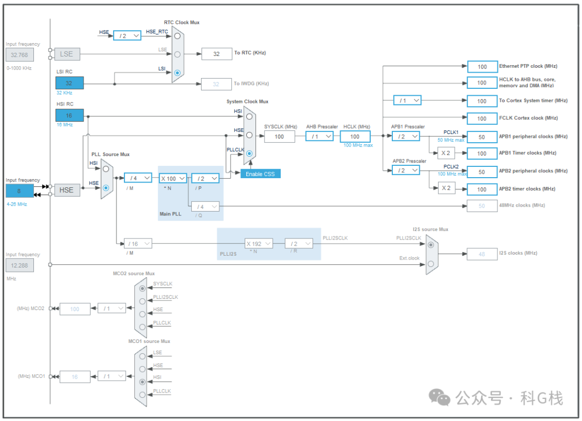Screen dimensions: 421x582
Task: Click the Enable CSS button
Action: coord(260,173)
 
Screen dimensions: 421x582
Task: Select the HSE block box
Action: coord(67,190)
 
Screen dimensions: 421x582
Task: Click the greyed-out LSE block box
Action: coord(67,54)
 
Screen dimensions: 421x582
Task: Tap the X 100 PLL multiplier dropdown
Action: coord(173,178)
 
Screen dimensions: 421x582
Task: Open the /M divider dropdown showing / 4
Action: coord(137,178)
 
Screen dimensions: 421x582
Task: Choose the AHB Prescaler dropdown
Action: coord(319,136)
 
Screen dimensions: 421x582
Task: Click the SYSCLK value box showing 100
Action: coord(279,136)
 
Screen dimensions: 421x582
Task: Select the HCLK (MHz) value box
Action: coord(355,136)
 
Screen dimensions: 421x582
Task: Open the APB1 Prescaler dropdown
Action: coord(406,136)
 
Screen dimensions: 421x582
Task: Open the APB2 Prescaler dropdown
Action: coord(406,170)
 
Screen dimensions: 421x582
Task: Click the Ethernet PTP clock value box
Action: coord(482,67)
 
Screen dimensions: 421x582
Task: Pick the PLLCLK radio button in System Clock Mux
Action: coord(249,153)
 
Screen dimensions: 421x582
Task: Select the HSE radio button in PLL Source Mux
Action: coord(106,188)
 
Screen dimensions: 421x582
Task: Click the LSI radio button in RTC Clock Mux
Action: coord(177,72)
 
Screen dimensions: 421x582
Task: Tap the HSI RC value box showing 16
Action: coord(70,115)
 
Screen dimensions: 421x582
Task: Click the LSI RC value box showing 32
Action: coord(70,83)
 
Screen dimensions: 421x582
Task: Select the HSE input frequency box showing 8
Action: coord(19,191)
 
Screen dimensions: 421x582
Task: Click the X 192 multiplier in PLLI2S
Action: coord(259,244)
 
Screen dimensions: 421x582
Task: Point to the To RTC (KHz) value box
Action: coord(216,54)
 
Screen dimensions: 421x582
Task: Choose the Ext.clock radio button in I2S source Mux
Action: coord(430,263)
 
